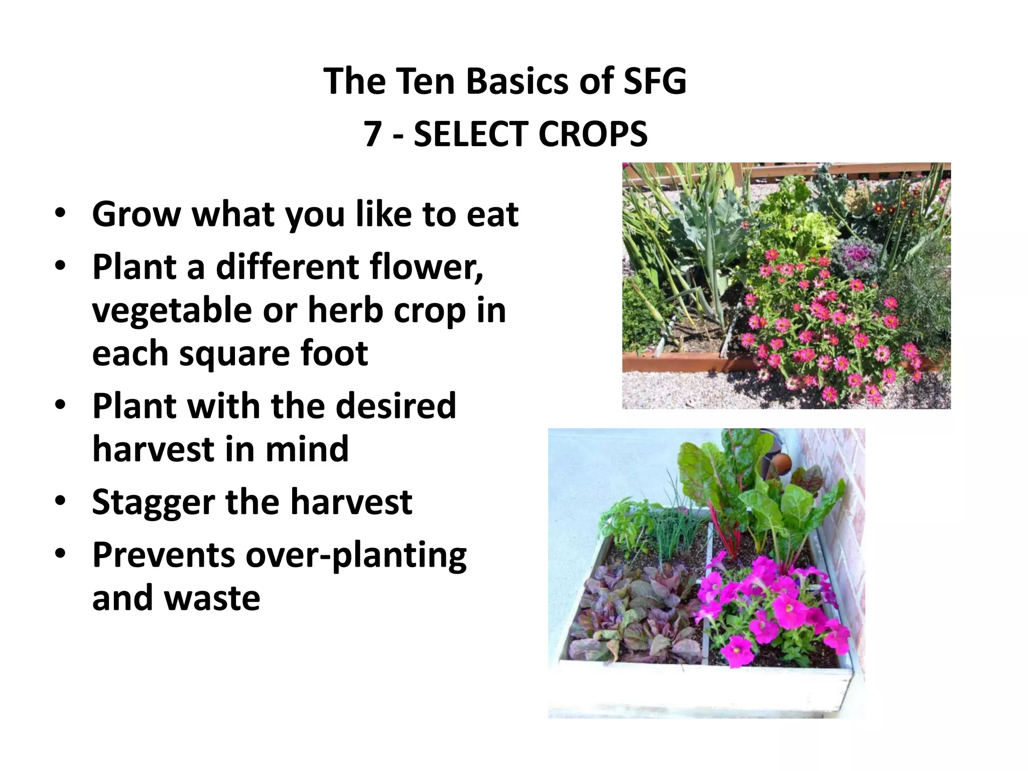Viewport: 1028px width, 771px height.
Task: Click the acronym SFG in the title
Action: coord(655,81)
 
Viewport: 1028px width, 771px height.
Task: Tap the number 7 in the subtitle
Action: coord(372,135)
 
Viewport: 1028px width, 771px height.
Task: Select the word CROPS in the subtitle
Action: coord(592,135)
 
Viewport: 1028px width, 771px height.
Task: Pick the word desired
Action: coord(396,405)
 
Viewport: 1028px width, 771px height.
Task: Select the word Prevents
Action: coord(164,555)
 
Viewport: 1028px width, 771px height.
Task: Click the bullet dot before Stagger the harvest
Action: coord(61,501)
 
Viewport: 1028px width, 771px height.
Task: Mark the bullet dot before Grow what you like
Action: coord(61,213)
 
